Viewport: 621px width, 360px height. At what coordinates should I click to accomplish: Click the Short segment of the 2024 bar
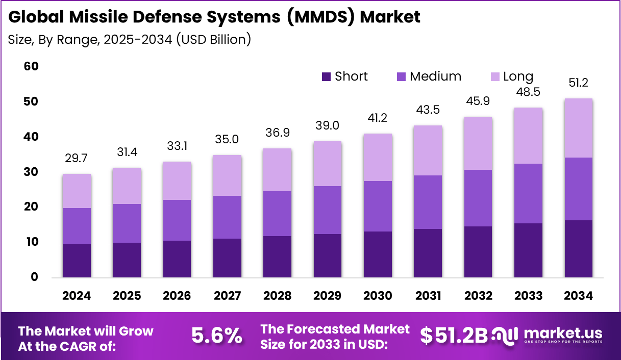[77, 261]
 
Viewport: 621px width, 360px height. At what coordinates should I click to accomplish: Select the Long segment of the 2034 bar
[578, 128]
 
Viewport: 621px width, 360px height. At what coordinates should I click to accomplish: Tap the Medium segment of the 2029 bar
[327, 210]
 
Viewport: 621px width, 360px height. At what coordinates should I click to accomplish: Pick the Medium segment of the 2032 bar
[478, 198]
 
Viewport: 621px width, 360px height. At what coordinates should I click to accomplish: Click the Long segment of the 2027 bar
[227, 175]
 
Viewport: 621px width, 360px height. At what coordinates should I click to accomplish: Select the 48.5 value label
[528, 92]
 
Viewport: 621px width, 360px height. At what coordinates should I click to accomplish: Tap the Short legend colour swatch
[327, 77]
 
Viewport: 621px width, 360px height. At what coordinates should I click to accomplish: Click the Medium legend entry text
[435, 76]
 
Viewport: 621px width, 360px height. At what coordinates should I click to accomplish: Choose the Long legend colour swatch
[495, 77]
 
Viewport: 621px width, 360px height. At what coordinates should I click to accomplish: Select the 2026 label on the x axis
[177, 296]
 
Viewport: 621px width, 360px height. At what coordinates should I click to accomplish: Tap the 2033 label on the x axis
[528, 296]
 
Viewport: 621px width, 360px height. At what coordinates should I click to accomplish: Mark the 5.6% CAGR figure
[216, 336]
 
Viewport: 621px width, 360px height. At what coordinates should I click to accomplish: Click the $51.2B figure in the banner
[454, 335]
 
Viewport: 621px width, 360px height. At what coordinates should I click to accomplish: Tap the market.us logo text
[560, 333]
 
